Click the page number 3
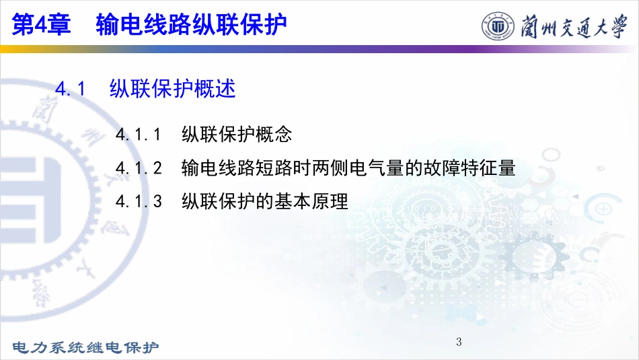point(459,342)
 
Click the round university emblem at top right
point(498,26)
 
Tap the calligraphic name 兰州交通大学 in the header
point(574,26)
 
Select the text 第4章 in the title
point(41,24)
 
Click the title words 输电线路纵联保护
point(192,24)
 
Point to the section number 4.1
point(71,88)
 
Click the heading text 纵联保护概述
point(173,88)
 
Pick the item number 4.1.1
point(139,134)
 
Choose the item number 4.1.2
point(139,168)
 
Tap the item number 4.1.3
point(139,201)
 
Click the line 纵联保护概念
point(237,134)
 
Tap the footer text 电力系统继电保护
point(85,347)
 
